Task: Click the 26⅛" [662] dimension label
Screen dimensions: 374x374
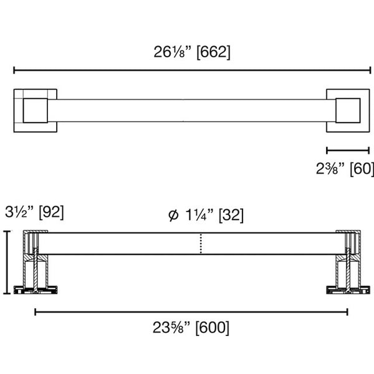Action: [x=192, y=52]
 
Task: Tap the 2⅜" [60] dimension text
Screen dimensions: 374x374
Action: [x=344, y=168]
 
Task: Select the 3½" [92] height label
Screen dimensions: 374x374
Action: [x=34, y=211]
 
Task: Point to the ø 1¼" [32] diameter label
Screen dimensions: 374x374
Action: [x=206, y=216]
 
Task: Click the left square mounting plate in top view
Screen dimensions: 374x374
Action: [x=35, y=110]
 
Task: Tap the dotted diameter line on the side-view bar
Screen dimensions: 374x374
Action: [x=200, y=244]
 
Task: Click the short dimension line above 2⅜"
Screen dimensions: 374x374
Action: [x=348, y=150]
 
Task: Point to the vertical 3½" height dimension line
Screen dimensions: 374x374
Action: [x=7, y=262]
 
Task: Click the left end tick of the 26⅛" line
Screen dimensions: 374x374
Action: [x=14, y=70]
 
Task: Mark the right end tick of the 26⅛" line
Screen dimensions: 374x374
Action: [x=371, y=70]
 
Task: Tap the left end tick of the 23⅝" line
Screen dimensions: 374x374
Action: [x=36, y=311]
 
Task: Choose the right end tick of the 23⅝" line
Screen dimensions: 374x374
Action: [x=347, y=311]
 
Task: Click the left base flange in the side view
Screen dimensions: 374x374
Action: [x=36, y=289]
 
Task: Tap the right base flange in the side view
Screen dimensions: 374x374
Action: [x=347, y=289]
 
